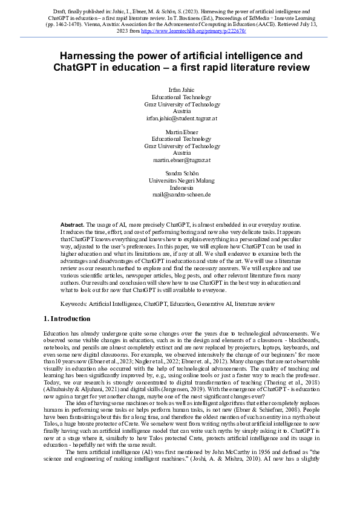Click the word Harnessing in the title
(x=96, y=56)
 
